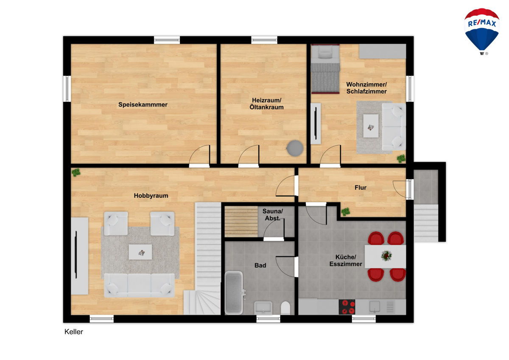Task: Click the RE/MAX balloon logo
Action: pyautogui.click(x=482, y=31)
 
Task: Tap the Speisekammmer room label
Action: pyautogui.click(x=143, y=104)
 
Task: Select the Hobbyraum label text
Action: pyautogui.click(x=151, y=196)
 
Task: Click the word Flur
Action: pyautogui.click(x=361, y=188)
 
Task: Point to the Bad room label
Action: pyautogui.click(x=260, y=265)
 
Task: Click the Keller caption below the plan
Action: pyautogui.click(x=74, y=332)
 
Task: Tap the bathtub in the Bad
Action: pyautogui.click(x=234, y=292)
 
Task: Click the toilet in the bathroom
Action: pyautogui.click(x=285, y=308)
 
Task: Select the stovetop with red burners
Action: pyautogui.click(x=347, y=307)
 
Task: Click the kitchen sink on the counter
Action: pyautogui.click(x=375, y=307)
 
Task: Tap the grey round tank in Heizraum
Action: pyautogui.click(x=295, y=148)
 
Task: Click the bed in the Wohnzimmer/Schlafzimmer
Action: pyautogui.click(x=325, y=69)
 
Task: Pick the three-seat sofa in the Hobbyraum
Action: pyautogui.click(x=139, y=285)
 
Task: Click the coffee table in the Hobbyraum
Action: pyautogui.click(x=140, y=252)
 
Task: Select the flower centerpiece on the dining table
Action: pyautogui.click(x=386, y=256)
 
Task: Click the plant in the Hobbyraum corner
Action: pyautogui.click(x=76, y=172)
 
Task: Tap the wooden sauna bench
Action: pyautogui.click(x=241, y=222)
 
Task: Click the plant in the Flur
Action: pyautogui.click(x=345, y=212)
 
